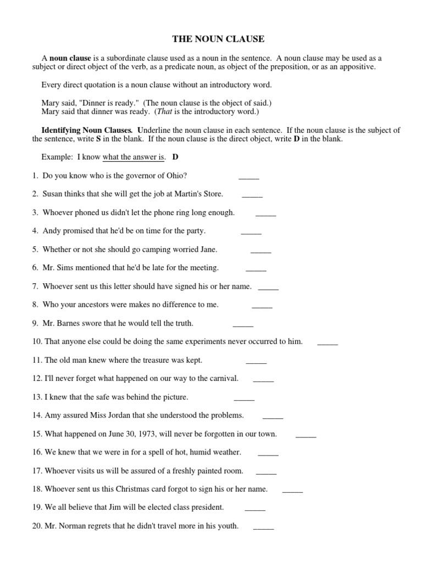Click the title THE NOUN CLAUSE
coord(218,39)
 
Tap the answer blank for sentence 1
coord(248,177)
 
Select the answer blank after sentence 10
coord(327,343)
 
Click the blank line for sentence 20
coord(263,527)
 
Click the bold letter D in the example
coord(175,157)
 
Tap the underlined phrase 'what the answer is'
coord(134,157)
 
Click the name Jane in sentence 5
coord(208,249)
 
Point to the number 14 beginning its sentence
coord(37,415)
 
